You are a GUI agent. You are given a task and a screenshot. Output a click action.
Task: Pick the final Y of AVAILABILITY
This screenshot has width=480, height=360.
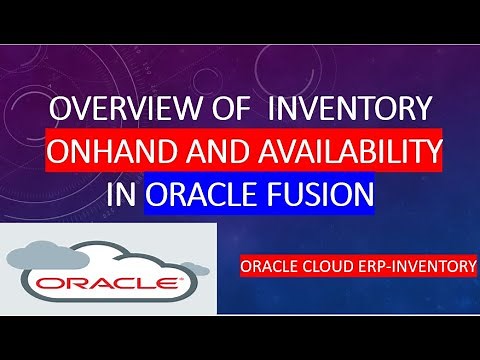433,151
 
